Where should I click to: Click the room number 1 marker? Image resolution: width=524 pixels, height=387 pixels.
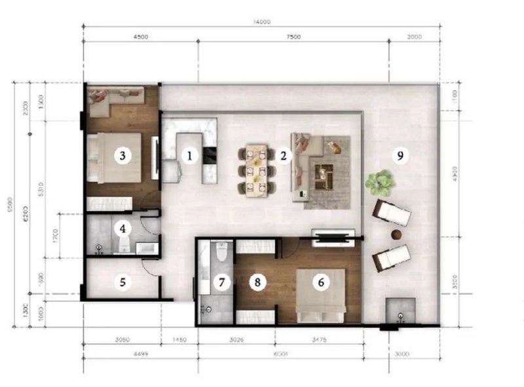189,156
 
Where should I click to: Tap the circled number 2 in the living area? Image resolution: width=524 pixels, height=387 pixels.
283,156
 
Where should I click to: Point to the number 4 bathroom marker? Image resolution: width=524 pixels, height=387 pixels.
121,229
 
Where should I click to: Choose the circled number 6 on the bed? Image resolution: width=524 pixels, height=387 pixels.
320,282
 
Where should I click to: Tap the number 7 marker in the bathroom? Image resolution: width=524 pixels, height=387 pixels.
222,282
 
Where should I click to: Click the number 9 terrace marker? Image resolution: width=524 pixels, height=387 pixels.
399,156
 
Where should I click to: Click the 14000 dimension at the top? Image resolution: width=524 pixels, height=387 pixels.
261,22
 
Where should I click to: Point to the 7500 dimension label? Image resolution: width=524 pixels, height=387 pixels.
293,37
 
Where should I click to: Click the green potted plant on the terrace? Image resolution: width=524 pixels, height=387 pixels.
379,181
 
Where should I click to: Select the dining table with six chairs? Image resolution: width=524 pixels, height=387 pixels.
255,169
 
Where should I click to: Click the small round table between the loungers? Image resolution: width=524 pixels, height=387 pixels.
396,234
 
